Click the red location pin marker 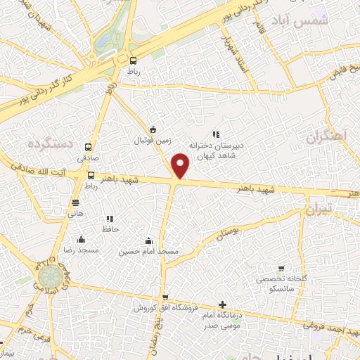[x=181, y=166]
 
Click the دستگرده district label [x=51, y=143]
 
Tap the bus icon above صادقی [x=89, y=148]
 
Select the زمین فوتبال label [x=153, y=140]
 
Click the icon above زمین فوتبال [x=153, y=129]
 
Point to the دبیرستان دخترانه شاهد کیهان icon [x=216, y=134]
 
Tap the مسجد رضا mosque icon [x=82, y=239]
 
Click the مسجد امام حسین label [x=148, y=251]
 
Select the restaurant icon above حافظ [x=108, y=219]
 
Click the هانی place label [x=75, y=213]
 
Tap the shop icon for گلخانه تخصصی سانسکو [x=281, y=269]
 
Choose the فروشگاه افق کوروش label [x=166, y=308]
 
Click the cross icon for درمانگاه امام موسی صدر [x=222, y=305]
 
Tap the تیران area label [x=317, y=211]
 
